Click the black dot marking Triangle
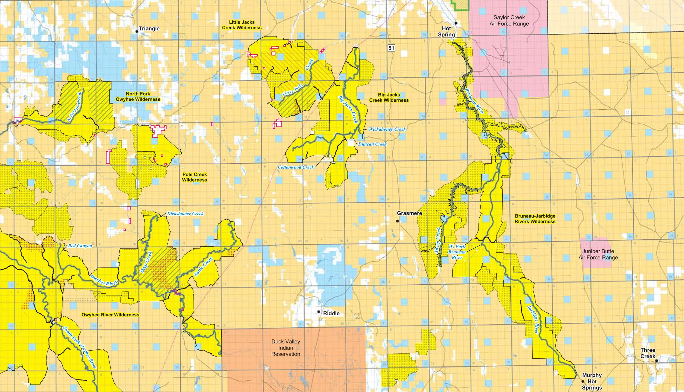pos(137,32)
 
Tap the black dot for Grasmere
pos(397,221)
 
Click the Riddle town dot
pos(318,312)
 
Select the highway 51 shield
pos(391,48)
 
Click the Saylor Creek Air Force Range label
pos(509,21)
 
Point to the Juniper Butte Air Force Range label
pos(598,254)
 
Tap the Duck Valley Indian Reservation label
pos(286,348)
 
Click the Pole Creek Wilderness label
pos(195,177)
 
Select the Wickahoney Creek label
pos(387,129)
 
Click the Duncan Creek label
pos(372,144)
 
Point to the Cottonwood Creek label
pos(296,167)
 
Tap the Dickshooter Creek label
pos(185,213)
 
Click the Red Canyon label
pos(80,246)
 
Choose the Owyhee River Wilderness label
pos(110,315)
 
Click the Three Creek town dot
pos(656,361)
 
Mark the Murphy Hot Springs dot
pos(583,381)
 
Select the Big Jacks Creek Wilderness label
pos(389,98)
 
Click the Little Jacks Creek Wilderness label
pos(242,25)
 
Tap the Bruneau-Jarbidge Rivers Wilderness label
pos(535,219)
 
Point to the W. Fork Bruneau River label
pos(457,252)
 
